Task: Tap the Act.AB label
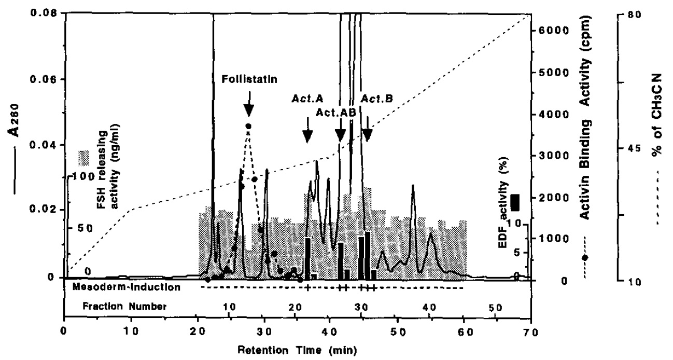tap(333, 112)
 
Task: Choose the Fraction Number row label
tap(125, 307)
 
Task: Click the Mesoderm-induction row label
tap(127, 286)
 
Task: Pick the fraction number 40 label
tap(428, 307)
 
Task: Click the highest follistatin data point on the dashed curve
tap(248, 126)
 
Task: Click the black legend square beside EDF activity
tap(515, 202)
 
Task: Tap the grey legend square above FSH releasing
tap(82, 156)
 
